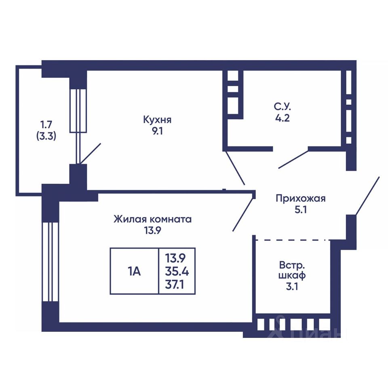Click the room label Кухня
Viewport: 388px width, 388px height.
click(157, 120)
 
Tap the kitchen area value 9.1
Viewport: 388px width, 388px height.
click(157, 131)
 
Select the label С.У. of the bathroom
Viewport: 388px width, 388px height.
click(283, 107)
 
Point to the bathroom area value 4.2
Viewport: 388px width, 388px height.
click(283, 118)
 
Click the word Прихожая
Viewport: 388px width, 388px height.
click(301, 198)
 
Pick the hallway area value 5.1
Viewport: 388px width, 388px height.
click(301, 210)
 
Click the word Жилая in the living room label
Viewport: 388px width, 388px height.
click(128, 219)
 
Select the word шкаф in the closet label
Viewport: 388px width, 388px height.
click(292, 275)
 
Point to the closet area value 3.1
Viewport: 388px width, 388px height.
click(292, 287)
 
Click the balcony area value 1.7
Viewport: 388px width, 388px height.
click(46, 124)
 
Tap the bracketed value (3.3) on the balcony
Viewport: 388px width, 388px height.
click(46, 136)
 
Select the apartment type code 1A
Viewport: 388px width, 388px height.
click(134, 272)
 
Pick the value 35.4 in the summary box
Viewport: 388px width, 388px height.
click(177, 272)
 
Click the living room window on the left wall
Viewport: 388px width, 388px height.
click(50, 262)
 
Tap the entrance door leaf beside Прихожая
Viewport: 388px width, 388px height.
click(367, 196)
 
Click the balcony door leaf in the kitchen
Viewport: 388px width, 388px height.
click(91, 154)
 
